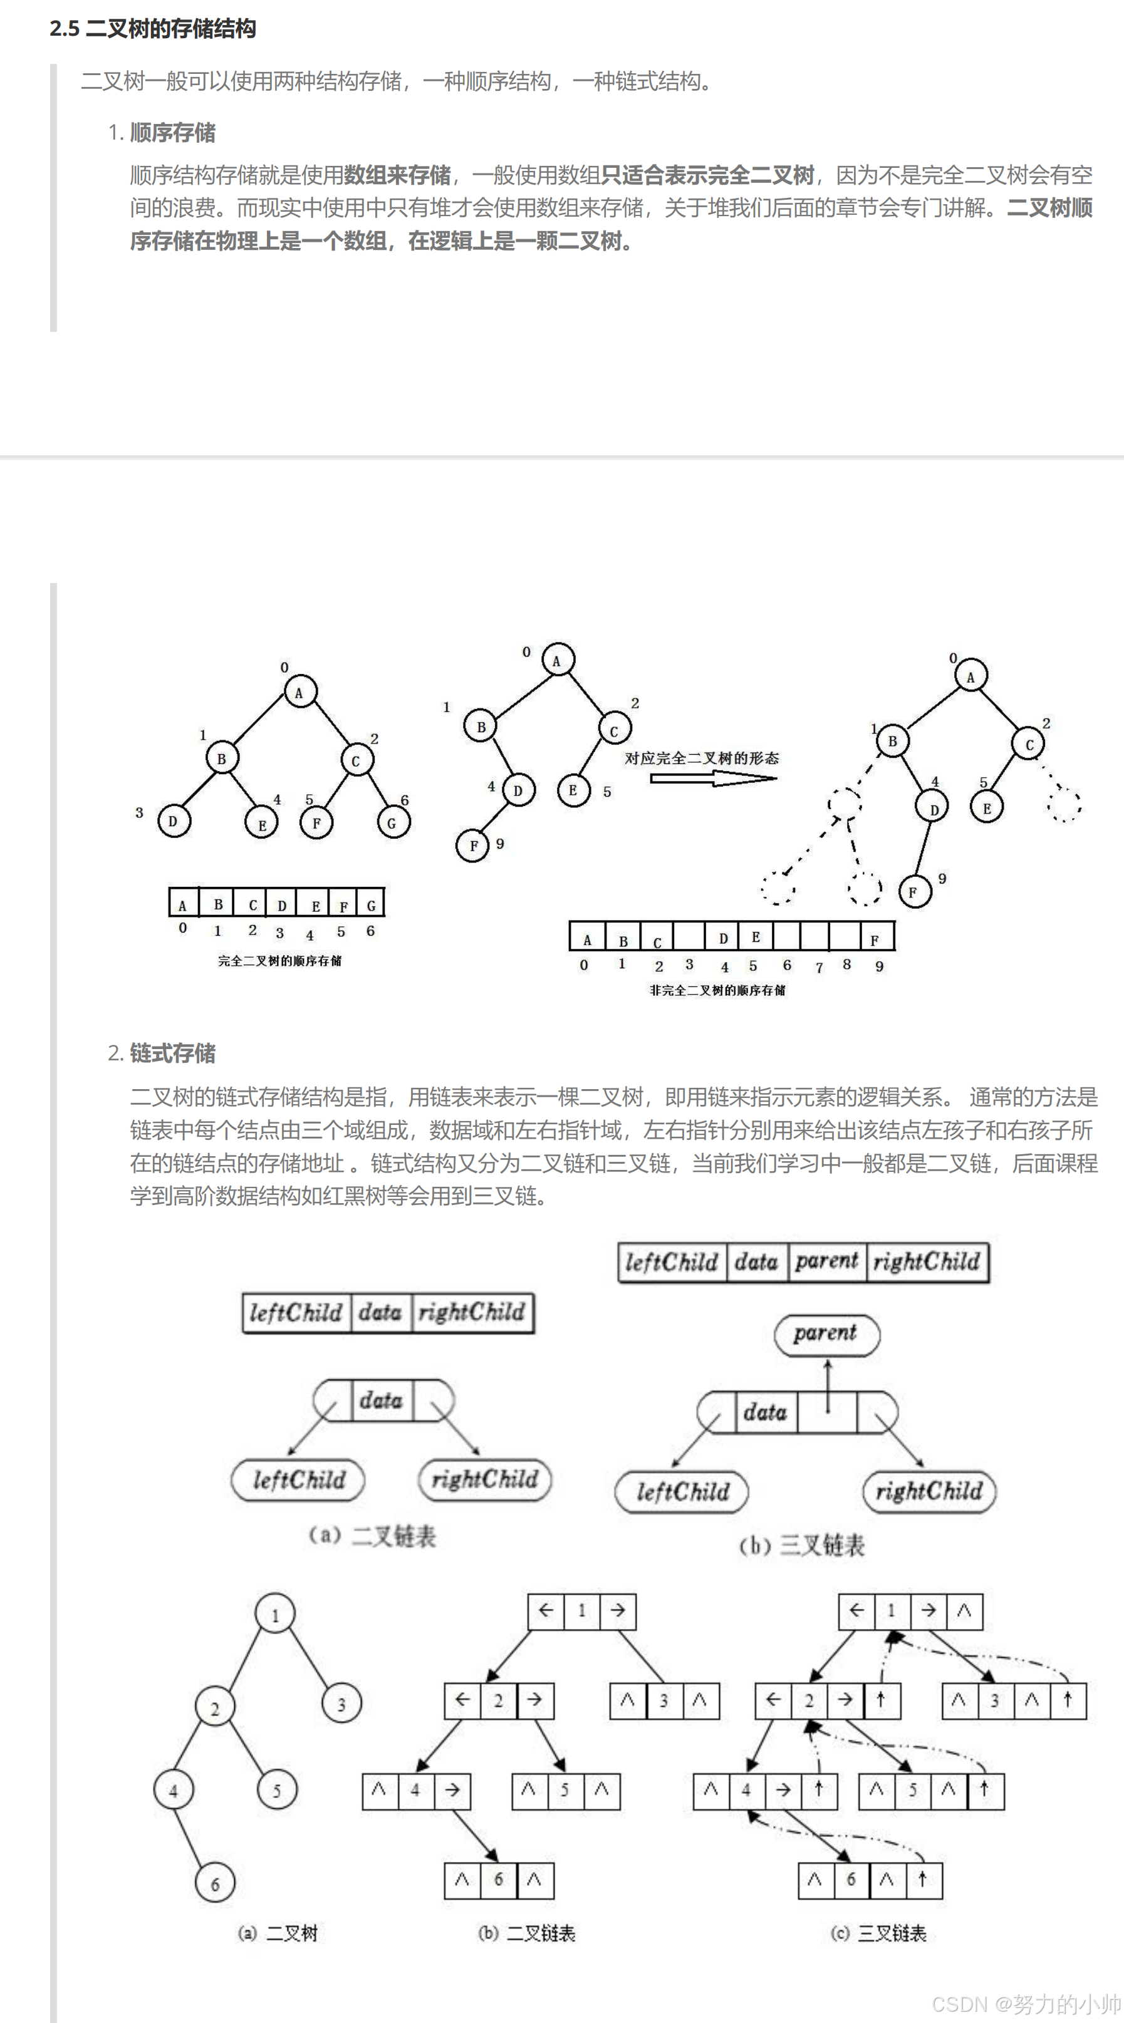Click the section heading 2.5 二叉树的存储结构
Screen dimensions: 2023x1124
coord(152,29)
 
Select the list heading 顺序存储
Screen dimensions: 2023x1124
coord(172,133)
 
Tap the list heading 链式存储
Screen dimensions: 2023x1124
coord(172,1053)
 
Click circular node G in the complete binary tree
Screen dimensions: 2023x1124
coord(392,823)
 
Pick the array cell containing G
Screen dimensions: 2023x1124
coord(371,904)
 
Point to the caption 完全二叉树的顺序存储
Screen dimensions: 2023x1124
coord(279,960)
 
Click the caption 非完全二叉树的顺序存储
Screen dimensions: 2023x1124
coord(717,990)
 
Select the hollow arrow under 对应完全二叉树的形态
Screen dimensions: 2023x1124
coord(713,779)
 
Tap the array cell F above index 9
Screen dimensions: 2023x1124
coord(876,938)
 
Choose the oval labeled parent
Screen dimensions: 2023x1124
coord(826,1334)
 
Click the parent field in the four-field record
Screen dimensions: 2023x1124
coord(827,1262)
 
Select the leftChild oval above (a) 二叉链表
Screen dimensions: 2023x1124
coord(298,1479)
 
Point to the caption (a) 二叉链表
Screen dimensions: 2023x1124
coord(372,1534)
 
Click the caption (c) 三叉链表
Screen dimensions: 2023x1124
coord(878,1933)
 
